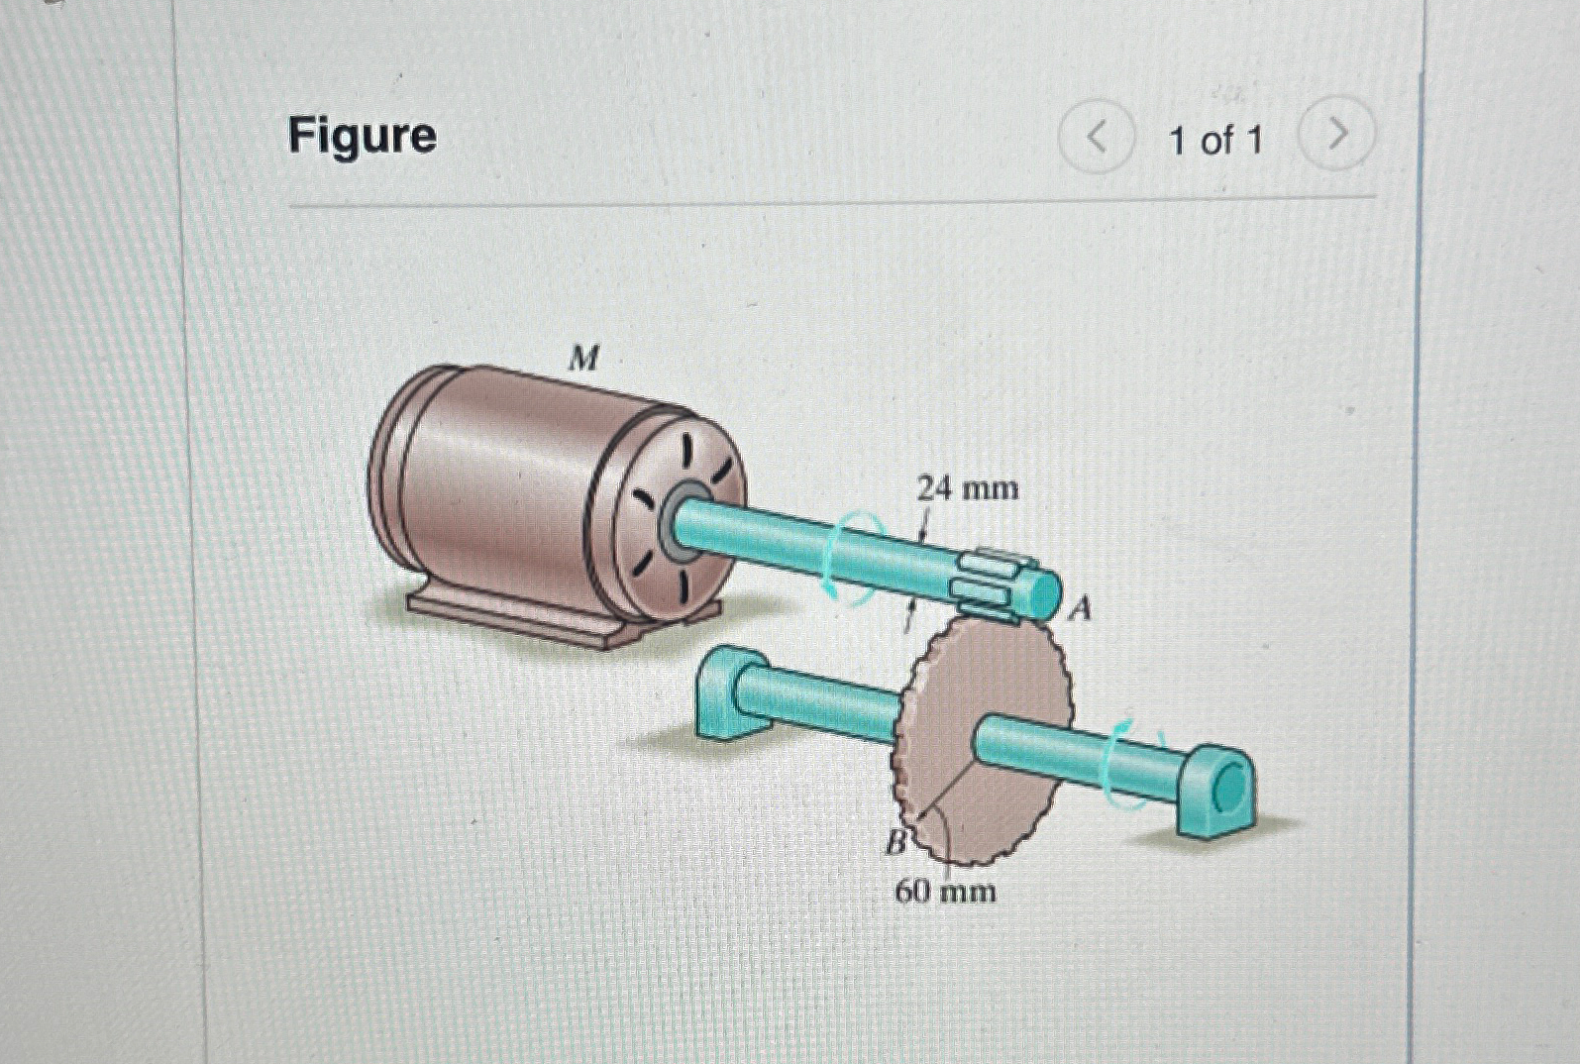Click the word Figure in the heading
(x=362, y=136)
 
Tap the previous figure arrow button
(x=1096, y=139)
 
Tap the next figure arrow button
(x=1336, y=134)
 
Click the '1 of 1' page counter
(x=1215, y=140)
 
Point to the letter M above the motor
(x=584, y=360)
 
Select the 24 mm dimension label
(x=967, y=488)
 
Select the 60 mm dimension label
(x=945, y=892)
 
